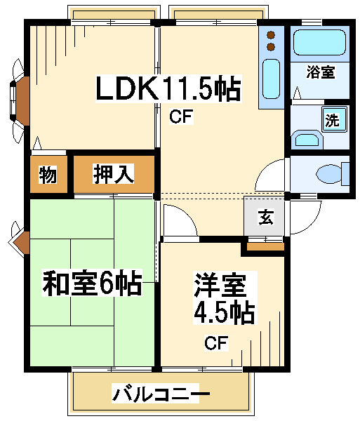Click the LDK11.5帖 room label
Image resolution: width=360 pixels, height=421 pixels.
(168, 88)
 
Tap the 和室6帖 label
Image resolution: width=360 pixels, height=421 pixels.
(92, 283)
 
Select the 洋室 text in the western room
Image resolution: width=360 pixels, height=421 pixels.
(220, 285)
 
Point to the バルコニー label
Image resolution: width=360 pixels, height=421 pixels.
(161, 394)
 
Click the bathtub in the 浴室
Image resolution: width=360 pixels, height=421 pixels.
(319, 42)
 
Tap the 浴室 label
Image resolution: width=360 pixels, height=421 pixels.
(321, 72)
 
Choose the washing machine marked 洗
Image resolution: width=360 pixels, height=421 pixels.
(334, 119)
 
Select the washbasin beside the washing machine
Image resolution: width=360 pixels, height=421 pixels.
(307, 140)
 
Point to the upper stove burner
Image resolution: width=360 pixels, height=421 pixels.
(271, 35)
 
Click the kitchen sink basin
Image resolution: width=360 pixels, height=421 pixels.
(271, 79)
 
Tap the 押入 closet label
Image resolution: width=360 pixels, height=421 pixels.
(113, 174)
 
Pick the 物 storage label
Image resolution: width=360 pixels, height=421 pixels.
(48, 175)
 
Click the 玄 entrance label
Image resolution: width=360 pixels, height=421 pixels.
(266, 217)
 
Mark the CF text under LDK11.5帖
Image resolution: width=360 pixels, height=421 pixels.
(181, 116)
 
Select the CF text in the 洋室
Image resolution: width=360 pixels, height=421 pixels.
(216, 343)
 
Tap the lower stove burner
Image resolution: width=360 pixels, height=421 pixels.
(271, 47)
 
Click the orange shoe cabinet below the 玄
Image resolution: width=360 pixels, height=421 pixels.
(265, 247)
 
